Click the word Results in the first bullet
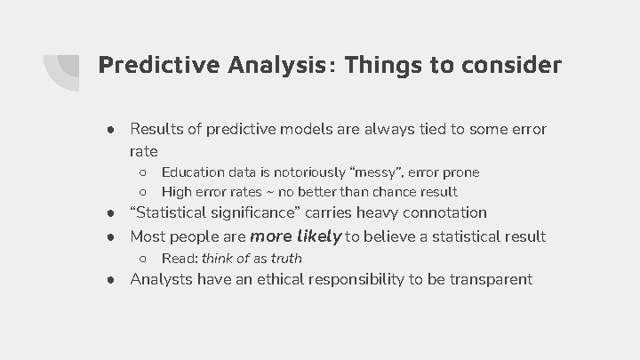156,130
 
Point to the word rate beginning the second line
144,152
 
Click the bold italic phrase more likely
296,236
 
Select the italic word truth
285,259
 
